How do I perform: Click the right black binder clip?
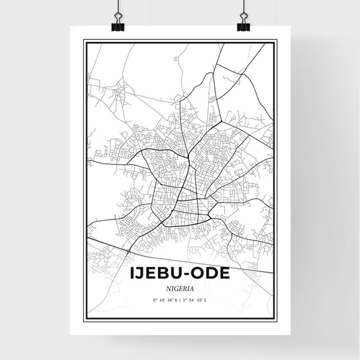pos(243,26)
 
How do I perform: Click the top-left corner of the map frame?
pos(84,41)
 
